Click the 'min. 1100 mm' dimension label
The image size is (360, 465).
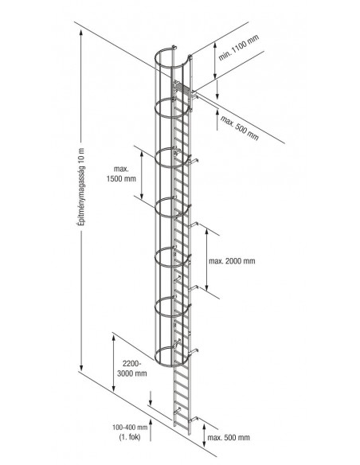239,48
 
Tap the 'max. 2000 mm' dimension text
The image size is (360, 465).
232,261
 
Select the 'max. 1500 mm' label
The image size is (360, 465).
121,174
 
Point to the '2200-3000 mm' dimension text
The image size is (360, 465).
132,369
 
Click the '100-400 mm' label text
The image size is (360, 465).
130,428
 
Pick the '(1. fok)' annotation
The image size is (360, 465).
130,437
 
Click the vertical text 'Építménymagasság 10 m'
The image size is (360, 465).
81,187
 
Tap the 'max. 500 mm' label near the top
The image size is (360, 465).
239,128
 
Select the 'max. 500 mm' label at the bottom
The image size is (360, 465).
229,437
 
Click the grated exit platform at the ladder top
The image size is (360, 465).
182,88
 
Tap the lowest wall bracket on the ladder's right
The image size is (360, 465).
194,419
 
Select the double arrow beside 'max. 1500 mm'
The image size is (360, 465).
142,175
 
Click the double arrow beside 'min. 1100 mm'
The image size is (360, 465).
216,61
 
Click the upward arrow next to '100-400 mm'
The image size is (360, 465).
151,430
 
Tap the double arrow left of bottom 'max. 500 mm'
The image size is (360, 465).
205,436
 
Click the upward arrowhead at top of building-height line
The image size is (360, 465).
81,33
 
